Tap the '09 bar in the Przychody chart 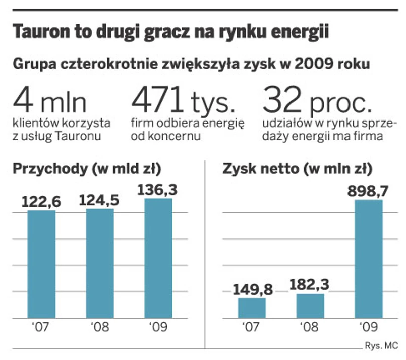click(158, 258)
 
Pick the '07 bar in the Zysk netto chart click(252, 308)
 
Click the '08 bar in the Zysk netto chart click(310, 306)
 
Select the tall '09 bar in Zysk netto click(368, 259)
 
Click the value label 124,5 click(100, 200)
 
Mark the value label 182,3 click(310, 285)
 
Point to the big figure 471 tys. click(184, 101)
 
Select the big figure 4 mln click(50, 101)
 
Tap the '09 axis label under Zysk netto click(368, 328)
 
